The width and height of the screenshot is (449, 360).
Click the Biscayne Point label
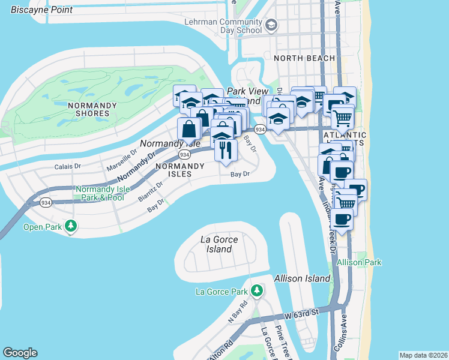click(42, 10)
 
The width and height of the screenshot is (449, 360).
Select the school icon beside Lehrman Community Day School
click(271, 25)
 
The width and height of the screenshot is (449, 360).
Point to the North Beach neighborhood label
click(299, 58)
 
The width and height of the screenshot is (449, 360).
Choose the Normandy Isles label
click(173, 170)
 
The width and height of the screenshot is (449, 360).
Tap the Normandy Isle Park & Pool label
click(100, 193)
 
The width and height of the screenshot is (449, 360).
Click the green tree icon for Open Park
click(71, 226)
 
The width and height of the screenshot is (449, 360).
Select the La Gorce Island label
click(219, 244)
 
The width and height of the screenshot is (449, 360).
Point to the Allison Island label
click(302, 278)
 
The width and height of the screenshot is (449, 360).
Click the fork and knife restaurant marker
click(226, 149)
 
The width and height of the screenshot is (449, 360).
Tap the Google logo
click(20, 353)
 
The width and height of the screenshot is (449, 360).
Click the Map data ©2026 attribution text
click(423, 355)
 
